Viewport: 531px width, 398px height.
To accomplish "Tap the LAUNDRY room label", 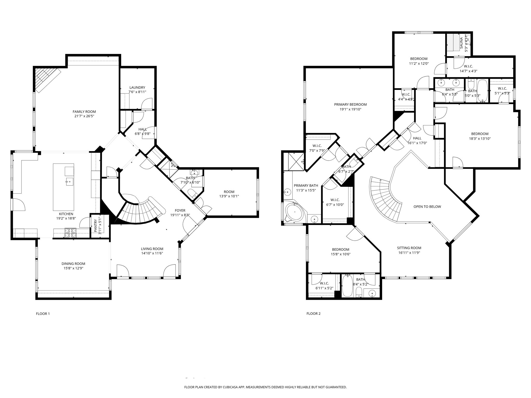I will [x=137, y=88].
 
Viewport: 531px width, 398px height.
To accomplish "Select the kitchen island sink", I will [x=70, y=181].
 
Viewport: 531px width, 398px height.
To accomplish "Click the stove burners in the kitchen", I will [x=70, y=233].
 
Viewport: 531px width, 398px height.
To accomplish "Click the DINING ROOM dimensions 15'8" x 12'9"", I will [x=73, y=268].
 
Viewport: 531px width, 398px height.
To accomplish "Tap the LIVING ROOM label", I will [x=152, y=249].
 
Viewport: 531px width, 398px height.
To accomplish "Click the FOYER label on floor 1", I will [x=180, y=210].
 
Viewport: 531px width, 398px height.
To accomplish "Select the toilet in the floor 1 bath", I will [x=192, y=193].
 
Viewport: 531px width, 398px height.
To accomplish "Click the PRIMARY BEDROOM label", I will [x=350, y=105].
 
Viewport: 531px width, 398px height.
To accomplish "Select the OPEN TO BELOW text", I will [x=427, y=207].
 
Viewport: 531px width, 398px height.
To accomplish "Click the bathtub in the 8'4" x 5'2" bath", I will [x=347, y=286].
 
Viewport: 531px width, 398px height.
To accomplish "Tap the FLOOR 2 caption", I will [x=313, y=314].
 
